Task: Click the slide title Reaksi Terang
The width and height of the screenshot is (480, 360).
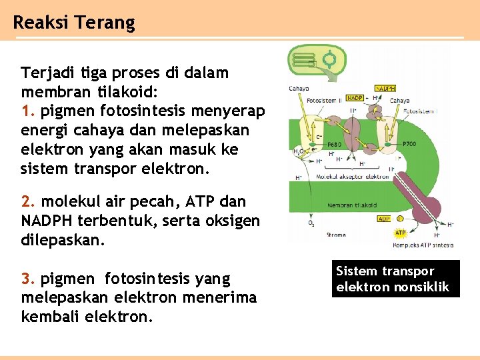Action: pos(73,23)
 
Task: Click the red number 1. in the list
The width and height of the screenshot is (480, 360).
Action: pos(27,110)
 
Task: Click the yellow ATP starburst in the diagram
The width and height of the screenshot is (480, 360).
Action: pos(400,233)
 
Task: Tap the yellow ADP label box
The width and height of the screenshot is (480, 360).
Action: pos(384,219)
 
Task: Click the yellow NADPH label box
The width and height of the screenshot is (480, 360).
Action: pos(386,88)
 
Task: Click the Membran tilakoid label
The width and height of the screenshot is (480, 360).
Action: pos(352,206)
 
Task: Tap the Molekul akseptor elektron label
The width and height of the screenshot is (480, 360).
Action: pos(353,177)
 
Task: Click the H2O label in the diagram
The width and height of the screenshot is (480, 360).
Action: pos(299,151)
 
